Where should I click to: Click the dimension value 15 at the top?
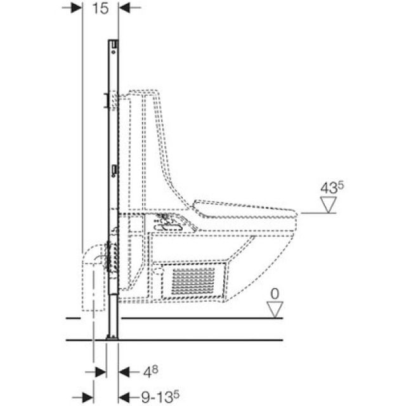click(100, 8)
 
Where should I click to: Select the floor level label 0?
click(274, 293)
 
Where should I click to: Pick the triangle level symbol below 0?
click(274, 309)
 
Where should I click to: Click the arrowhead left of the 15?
click(75, 8)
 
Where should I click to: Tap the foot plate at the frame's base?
click(113, 339)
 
